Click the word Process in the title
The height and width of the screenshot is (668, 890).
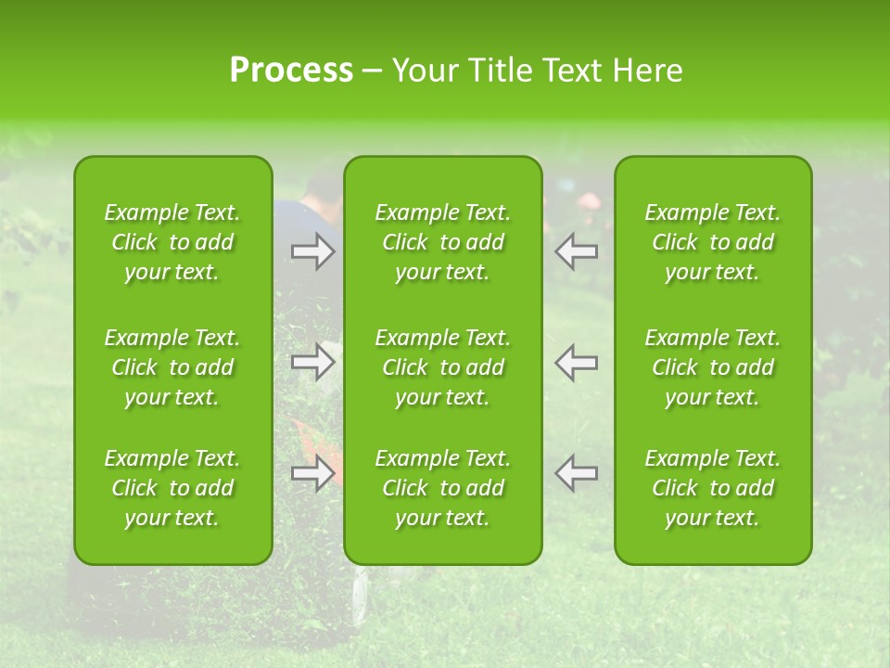point(291,71)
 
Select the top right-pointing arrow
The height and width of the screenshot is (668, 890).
point(313,252)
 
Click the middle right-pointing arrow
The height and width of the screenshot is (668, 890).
point(313,362)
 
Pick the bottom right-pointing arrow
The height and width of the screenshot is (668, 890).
point(313,473)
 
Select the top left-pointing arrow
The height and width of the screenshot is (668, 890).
point(577,252)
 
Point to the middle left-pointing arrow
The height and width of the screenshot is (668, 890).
point(577,362)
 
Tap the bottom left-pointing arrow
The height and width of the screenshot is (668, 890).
point(577,473)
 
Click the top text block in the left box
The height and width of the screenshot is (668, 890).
point(172,242)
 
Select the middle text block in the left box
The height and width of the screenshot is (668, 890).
point(172,367)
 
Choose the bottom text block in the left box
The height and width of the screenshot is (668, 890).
point(172,488)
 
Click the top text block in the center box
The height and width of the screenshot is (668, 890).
point(443,242)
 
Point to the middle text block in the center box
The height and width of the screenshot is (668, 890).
point(443,367)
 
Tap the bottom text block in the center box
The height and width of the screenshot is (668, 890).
point(443,488)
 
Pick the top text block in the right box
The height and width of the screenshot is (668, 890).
point(713,242)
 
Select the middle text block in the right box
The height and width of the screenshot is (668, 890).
point(713,367)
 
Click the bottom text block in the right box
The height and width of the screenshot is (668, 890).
point(713,488)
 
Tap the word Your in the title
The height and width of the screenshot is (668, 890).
point(423,71)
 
